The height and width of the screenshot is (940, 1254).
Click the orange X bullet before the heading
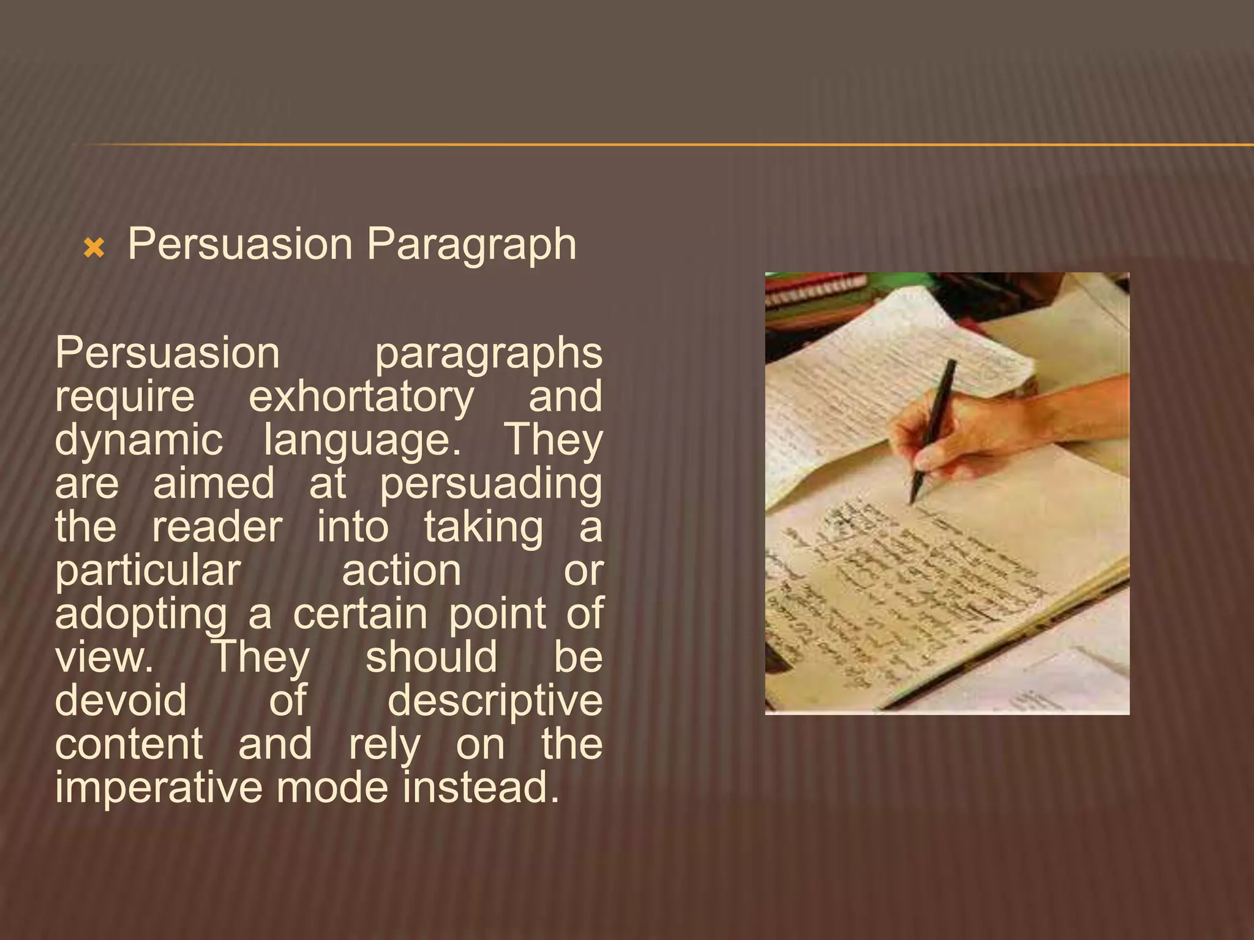(x=94, y=248)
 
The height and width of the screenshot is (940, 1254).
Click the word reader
(x=217, y=528)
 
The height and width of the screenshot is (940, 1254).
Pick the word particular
(x=148, y=572)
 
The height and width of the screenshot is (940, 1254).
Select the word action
(x=402, y=570)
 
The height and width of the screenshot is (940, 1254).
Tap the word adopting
(x=141, y=614)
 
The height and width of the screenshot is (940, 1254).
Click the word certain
(x=360, y=614)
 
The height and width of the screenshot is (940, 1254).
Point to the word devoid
(x=121, y=701)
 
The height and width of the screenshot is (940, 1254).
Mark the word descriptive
(x=495, y=701)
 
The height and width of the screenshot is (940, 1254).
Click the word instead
(x=481, y=788)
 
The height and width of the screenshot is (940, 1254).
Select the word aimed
(x=214, y=484)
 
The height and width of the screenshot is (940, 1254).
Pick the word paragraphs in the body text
(x=489, y=354)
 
